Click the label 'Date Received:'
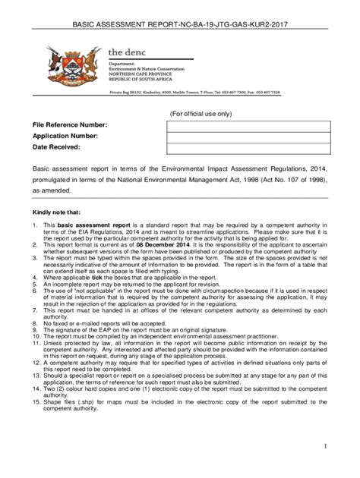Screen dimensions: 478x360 (x=55, y=146)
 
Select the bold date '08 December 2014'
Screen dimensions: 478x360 (x=161, y=247)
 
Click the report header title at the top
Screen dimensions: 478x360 (x=180, y=24)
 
